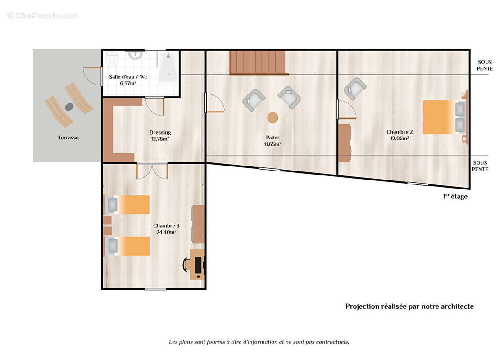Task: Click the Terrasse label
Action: coord(68,138)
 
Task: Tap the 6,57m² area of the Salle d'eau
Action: coord(128,84)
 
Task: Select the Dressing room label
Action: coord(160,132)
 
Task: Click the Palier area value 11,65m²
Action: coord(272,144)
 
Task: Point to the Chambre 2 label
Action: coord(400,132)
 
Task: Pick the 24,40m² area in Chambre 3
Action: coord(166,232)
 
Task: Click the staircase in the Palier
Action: coord(259,63)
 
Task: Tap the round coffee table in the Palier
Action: coord(273,118)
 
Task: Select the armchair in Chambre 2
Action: coord(355,89)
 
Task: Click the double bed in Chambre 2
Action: coord(444,117)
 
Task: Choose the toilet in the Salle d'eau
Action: coord(112,58)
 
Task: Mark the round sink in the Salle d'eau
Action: coord(136,55)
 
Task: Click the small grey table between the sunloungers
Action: coord(69,107)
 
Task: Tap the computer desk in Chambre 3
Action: coord(197,264)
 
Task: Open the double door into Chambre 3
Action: coord(152,171)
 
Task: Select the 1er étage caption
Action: coord(455,196)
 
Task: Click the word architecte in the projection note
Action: coord(457,306)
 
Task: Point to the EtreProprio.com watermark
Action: coord(43,15)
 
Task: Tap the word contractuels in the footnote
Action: coord(332,342)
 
